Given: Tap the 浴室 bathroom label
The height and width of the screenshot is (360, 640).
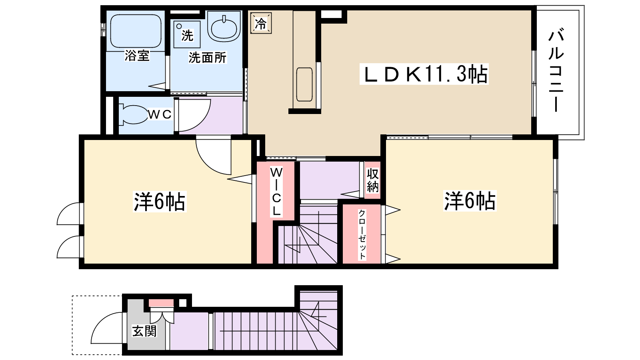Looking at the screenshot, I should click(x=137, y=56).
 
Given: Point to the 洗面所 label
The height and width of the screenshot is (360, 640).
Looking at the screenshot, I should click(x=207, y=58).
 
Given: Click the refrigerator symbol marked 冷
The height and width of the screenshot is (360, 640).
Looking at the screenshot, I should click(x=260, y=23).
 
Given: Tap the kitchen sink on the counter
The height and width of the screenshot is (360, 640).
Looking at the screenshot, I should click(x=304, y=84).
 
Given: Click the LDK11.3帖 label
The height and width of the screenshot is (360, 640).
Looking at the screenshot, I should click(x=424, y=74).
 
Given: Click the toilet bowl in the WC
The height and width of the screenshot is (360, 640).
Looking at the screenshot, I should click(x=133, y=115).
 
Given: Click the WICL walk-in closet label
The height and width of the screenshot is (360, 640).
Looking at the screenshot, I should click(x=276, y=192).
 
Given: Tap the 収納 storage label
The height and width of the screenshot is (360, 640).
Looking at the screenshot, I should click(x=372, y=180).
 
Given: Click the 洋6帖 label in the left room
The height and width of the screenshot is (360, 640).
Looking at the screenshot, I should click(x=160, y=202).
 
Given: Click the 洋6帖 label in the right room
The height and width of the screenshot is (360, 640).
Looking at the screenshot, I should click(x=470, y=201).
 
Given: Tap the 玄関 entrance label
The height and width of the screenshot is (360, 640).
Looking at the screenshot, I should click(x=144, y=331).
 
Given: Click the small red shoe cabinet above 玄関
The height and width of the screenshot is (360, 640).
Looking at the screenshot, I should click(x=162, y=303).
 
